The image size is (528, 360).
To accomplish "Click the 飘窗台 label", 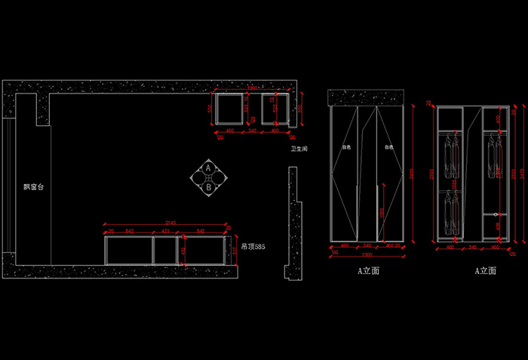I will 33,186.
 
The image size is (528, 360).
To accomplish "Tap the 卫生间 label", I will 298,149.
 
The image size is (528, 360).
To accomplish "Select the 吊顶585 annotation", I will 253,247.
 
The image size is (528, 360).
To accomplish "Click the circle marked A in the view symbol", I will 208,168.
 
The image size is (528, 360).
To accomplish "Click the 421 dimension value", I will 165,230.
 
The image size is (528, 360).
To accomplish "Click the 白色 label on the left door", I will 347,147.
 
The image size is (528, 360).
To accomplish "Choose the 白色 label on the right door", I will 389,147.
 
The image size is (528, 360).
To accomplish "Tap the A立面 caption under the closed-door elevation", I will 368,270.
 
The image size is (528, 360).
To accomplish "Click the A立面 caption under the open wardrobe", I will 484,270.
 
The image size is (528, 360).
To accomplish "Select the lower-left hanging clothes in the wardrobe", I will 451,213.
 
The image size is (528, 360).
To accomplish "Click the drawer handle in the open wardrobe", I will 495,215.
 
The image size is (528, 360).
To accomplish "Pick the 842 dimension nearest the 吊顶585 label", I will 200,230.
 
